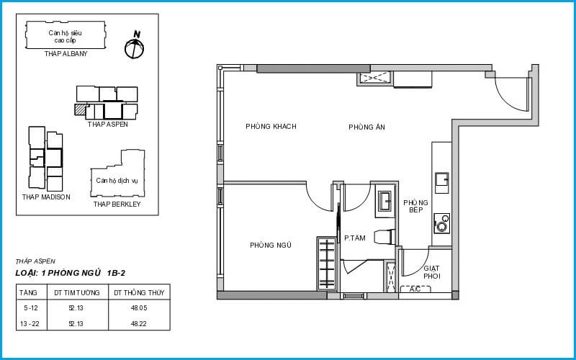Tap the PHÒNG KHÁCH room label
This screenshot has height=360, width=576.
pos(271,127)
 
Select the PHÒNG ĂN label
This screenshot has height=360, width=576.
pos(366,127)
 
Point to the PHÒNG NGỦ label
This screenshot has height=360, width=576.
pos(271,245)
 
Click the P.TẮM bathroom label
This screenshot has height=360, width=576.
pos(354,238)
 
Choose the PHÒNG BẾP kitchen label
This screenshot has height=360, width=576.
pos(415,206)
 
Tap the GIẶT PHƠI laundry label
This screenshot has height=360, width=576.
pos(431,272)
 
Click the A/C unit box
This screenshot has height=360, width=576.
pos(415,289)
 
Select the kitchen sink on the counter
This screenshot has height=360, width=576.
pos(441,183)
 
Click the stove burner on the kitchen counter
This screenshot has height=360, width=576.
pos(441,223)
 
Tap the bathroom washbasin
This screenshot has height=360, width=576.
pos(385,202)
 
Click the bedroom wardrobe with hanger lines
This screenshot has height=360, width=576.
pos(327,264)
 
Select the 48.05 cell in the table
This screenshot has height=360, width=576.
pos(139,308)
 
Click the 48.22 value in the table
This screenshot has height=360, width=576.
pos(139,323)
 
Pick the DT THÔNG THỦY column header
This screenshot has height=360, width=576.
pos(139,293)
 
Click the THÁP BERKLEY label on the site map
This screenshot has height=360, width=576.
pos(117,204)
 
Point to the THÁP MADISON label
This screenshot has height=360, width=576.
pos(46,197)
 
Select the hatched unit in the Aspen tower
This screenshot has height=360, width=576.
pos(81,109)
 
